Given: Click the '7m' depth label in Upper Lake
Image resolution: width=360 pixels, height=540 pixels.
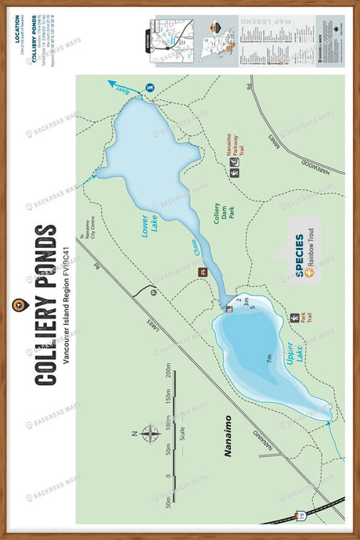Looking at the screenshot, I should click(x=268, y=359).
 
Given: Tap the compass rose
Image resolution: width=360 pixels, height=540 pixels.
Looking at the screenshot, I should click(x=149, y=433).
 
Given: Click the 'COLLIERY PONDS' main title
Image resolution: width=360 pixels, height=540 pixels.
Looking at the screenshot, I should click(x=45, y=305).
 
